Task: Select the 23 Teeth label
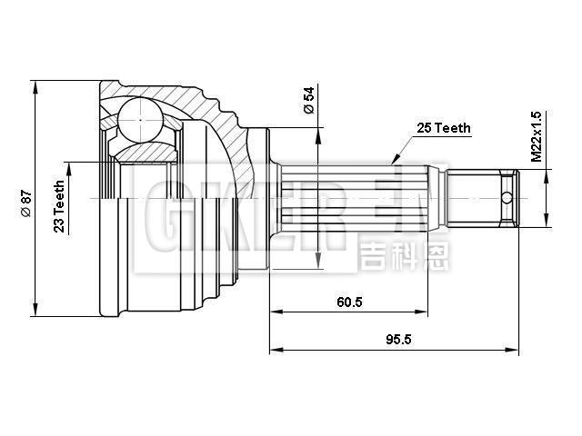tap(58, 208)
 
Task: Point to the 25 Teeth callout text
tap(443, 128)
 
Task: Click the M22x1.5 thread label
tap(536, 137)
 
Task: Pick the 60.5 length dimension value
tap(348, 302)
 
